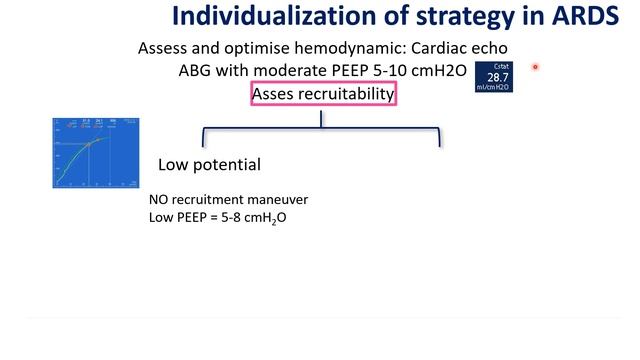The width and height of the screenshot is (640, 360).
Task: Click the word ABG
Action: tap(193, 72)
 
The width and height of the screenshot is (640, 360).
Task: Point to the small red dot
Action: tap(535, 68)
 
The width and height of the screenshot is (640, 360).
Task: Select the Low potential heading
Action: tap(209, 164)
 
